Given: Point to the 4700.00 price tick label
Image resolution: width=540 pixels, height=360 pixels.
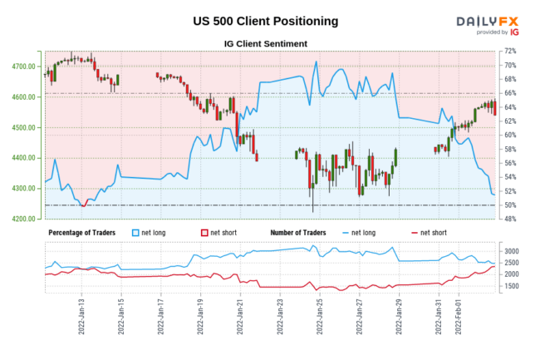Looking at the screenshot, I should tap(24, 67).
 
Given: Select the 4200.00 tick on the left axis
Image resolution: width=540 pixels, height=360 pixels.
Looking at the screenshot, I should tap(24, 219).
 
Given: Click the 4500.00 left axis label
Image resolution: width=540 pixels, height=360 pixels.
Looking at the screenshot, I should tap(24, 128).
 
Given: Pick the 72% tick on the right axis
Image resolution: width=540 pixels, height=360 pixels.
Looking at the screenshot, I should tap(512, 52).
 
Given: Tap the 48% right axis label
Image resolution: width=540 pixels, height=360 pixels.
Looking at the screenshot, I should tap(512, 219).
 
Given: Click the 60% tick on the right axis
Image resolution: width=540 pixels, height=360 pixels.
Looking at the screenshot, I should tap(512, 136).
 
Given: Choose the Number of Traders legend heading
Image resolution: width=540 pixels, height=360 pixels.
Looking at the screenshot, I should tap(302, 232).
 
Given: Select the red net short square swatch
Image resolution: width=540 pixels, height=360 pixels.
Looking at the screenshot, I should tap(204, 232).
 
